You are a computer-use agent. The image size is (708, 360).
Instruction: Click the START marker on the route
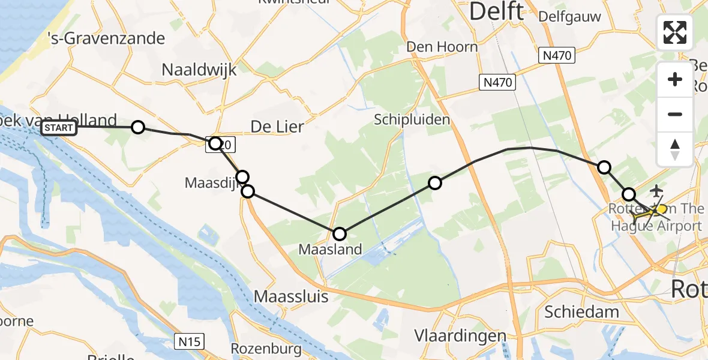point(59,128)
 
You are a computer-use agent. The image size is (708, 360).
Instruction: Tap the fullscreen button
point(675,32)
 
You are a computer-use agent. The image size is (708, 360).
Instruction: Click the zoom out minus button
point(675,114)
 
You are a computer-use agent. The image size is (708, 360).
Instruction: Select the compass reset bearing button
point(675,149)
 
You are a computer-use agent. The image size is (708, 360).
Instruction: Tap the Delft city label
point(496,11)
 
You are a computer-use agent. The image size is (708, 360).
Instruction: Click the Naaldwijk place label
point(199,70)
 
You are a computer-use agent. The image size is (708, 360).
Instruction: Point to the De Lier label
point(277,127)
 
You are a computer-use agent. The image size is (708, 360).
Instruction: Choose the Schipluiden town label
point(412,119)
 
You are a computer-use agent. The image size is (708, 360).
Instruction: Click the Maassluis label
point(289,296)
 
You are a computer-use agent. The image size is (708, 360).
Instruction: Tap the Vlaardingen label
point(460,335)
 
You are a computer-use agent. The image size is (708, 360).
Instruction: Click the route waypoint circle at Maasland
point(340,234)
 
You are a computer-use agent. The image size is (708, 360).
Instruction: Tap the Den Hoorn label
point(442,47)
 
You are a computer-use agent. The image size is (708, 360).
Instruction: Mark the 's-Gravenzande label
point(107,38)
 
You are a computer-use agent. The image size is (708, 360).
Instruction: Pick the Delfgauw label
point(569,17)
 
